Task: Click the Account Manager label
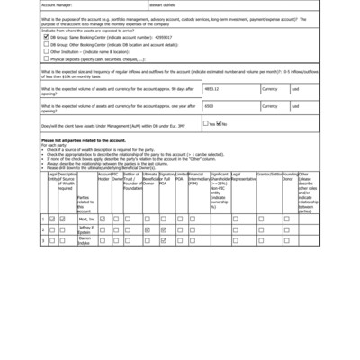click(58, 4)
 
